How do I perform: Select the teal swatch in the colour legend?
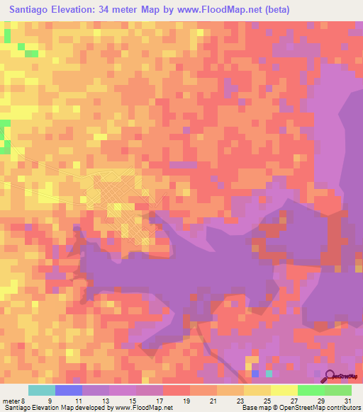point(42,390)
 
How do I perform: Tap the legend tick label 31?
point(347,401)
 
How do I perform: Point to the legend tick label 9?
point(50,401)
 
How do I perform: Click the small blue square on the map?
point(255,374)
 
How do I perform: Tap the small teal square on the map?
point(269,374)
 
